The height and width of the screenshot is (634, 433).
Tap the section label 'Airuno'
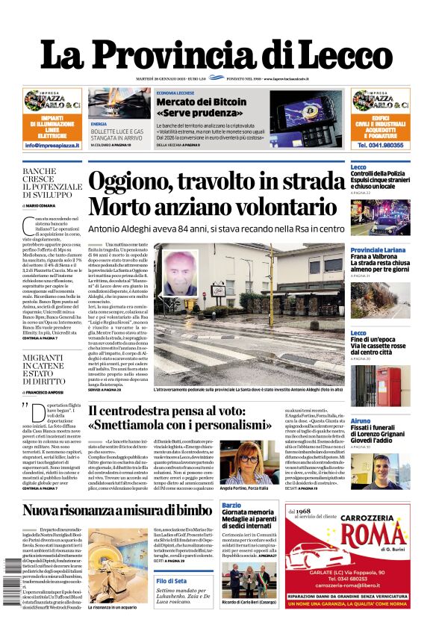[361, 421]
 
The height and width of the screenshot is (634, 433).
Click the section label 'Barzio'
[232, 506]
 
